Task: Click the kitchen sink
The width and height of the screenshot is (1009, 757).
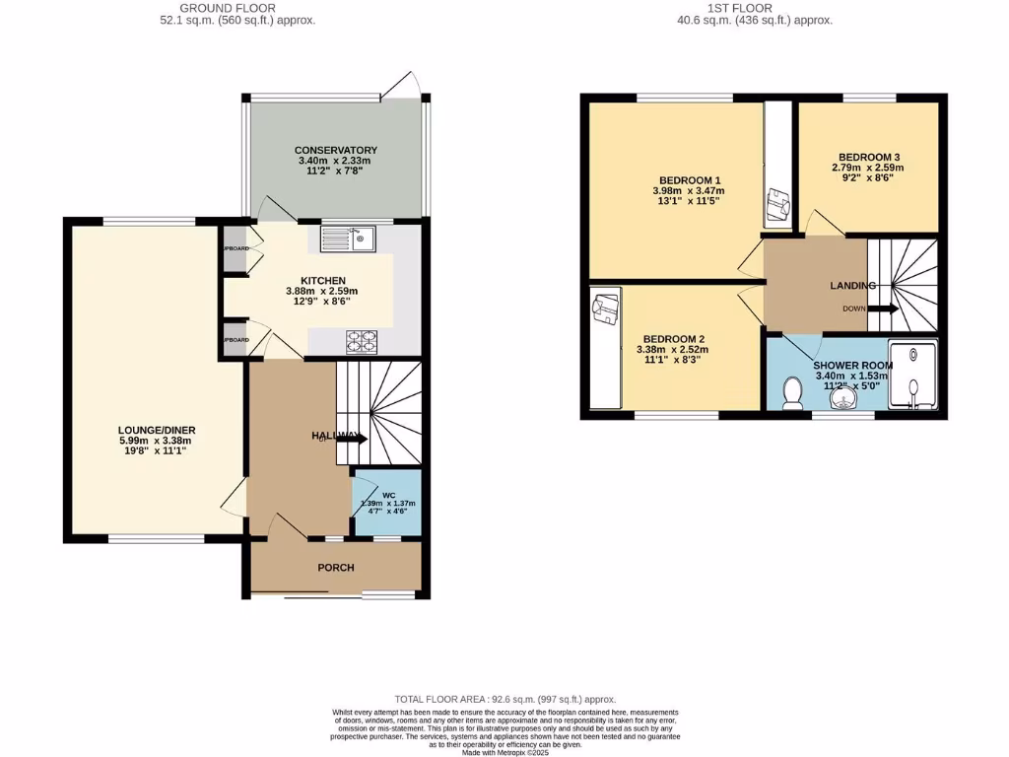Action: click(x=348, y=237)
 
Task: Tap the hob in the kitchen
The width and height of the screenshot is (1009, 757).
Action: click(x=362, y=341)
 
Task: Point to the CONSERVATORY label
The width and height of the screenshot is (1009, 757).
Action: click(x=335, y=150)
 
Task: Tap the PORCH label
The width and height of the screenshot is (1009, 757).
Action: click(x=335, y=568)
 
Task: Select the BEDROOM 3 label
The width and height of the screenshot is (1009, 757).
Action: click(x=869, y=157)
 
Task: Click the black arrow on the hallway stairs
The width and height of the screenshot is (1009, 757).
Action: click(x=353, y=439)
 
